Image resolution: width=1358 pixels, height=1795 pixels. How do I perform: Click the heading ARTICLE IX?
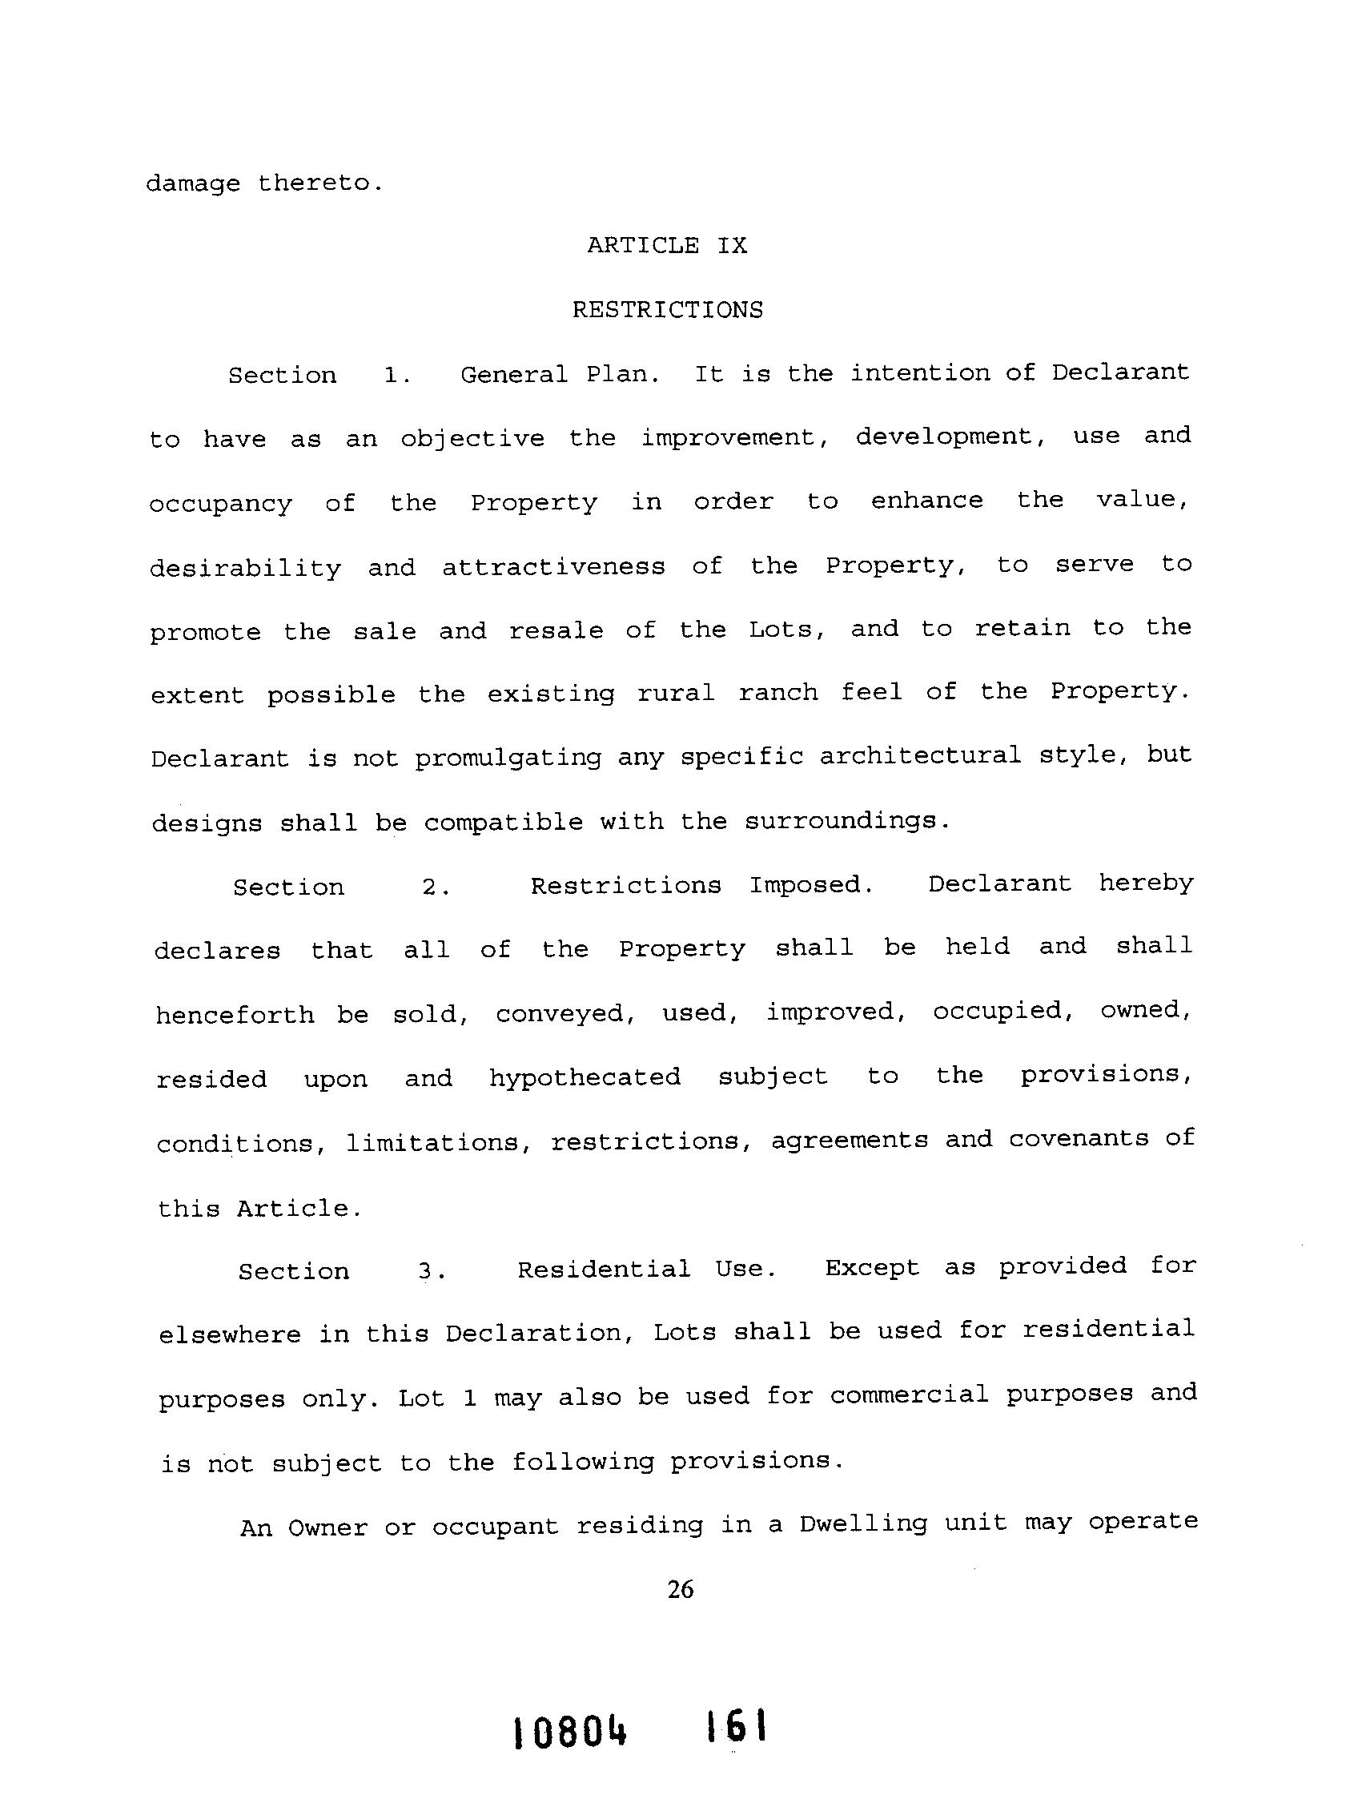667,245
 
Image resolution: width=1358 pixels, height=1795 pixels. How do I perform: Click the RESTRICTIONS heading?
668,310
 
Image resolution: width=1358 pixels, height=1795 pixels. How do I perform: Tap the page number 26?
680,1590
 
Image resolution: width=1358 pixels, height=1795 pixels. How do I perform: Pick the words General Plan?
560,374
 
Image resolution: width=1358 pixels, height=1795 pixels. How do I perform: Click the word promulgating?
508,759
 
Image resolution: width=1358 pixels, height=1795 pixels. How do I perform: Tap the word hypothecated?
585,1077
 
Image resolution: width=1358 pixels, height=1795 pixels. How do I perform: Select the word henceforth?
235,1015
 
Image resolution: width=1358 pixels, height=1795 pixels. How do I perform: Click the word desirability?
246,567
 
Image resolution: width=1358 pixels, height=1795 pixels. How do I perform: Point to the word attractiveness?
553,566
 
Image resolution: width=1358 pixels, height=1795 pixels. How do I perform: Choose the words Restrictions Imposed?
701,884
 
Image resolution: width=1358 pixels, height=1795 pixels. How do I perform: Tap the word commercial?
909,1395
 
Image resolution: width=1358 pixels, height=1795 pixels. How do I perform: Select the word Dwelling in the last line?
863,1524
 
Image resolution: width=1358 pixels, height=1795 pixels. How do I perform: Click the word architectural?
920,756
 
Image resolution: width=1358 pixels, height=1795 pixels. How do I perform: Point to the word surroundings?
846,821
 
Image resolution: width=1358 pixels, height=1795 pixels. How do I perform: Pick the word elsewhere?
230,1335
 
